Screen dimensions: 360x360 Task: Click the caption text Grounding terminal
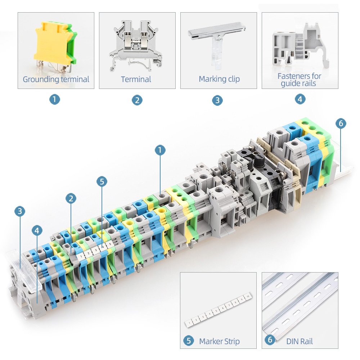(56, 80)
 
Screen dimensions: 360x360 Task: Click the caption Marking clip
(219, 79)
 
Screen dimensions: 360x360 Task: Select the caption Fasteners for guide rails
(299, 80)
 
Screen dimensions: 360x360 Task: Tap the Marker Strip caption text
(219, 341)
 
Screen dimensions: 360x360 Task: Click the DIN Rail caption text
(300, 341)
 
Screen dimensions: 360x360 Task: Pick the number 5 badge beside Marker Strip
(189, 341)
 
